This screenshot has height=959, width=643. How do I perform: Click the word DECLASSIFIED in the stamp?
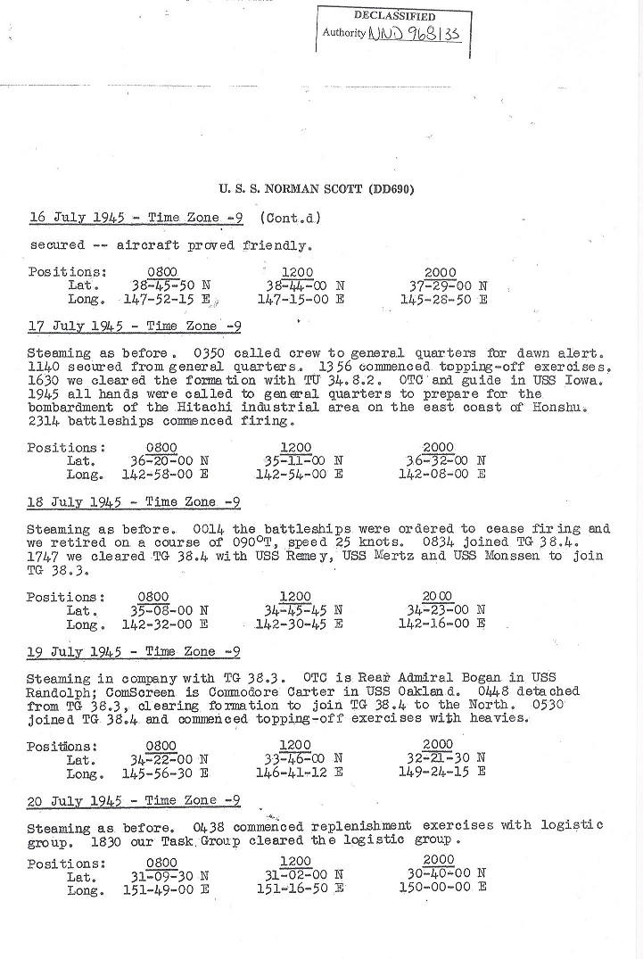pos(394,16)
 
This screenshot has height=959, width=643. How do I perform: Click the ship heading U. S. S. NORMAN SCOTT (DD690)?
pos(317,189)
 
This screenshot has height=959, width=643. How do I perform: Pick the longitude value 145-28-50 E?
pos(443,300)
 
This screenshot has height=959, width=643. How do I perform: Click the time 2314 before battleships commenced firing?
pos(43,421)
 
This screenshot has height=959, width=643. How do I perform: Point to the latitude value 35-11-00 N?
pos(299,461)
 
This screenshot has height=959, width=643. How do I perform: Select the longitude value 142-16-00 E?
pos(441,624)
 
